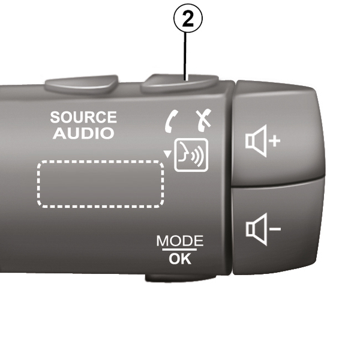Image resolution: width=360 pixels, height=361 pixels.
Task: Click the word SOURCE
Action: point(83,117)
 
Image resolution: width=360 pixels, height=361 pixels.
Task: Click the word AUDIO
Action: point(83,133)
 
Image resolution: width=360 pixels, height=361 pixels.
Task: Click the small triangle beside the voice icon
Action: point(167,153)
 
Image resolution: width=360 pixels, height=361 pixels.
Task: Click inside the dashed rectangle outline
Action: point(101,183)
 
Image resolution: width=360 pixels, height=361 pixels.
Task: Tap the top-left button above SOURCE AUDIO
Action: point(81,83)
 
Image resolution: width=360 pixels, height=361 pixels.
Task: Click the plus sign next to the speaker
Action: point(274,141)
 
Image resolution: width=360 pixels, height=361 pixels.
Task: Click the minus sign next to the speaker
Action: point(274,229)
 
